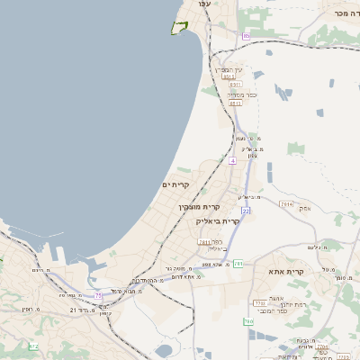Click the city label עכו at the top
coord(204,5)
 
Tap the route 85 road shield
coord(247,36)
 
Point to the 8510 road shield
coord(229,77)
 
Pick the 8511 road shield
coord(236,103)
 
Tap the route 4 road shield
coord(232,160)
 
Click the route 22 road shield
coord(245,211)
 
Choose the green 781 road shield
coord(238,264)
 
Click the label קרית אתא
coord(286,271)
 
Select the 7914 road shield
coord(286,204)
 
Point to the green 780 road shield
coord(247,321)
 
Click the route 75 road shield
coord(98,294)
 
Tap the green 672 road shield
coord(33,346)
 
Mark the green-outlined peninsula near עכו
coord(180,28)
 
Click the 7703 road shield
coord(263,304)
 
